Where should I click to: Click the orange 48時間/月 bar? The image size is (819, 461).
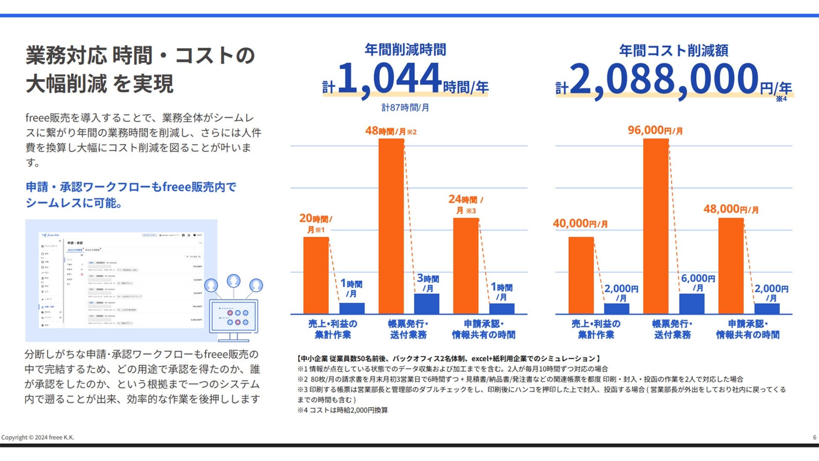391,226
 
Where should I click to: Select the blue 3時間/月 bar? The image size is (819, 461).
426,303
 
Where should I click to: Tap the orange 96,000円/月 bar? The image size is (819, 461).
656,226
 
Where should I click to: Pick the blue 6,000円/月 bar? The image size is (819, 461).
691,303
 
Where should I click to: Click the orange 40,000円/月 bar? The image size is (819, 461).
581,275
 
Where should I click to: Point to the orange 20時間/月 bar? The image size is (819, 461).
316,275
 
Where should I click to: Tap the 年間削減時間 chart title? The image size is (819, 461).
405,50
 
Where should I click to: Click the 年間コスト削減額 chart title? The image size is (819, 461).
674,51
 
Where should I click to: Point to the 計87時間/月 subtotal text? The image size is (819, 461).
405,108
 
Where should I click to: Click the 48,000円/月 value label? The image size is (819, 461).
731,209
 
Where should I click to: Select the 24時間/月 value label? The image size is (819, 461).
465,204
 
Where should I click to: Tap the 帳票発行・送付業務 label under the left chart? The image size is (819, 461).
408,329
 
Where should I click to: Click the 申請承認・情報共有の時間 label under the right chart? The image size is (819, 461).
748,329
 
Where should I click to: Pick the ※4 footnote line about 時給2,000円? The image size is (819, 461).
343,410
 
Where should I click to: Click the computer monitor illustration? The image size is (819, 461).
233,318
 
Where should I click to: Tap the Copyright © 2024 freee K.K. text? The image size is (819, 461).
38,437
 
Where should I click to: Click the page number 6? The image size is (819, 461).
814,437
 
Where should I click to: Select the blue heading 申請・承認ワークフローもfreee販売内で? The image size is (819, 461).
131,187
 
